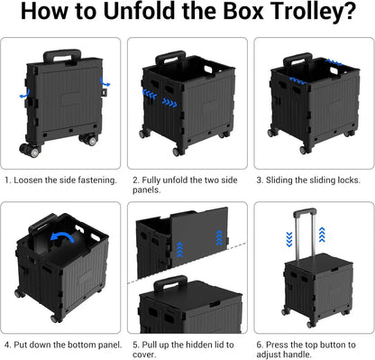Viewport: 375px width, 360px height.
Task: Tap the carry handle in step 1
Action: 62,56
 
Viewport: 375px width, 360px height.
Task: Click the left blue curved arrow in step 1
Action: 24,94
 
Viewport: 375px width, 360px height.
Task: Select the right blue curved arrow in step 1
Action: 105,81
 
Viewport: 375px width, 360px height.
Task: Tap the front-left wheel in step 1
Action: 29,150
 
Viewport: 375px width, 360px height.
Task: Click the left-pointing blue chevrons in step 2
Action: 150,94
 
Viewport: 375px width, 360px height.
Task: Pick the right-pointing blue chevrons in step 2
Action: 169,102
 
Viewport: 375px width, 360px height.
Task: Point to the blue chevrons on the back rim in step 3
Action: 334,62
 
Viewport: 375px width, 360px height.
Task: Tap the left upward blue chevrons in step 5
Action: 179,250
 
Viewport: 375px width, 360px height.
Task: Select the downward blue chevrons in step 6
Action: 289,239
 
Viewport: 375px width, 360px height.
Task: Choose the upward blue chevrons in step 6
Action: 322,235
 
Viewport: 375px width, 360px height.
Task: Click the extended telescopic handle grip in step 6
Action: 305,212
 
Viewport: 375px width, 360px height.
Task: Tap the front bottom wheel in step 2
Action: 178,152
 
